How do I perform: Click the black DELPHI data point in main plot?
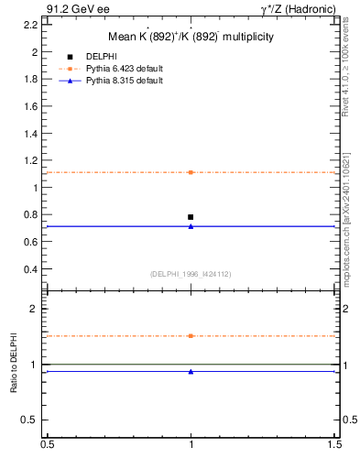[x=191, y=217]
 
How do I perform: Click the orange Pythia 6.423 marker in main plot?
[x=191, y=172]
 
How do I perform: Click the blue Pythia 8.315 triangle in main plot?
[x=191, y=225]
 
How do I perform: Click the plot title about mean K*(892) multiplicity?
[x=191, y=37]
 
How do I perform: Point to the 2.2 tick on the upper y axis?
[x=32, y=25]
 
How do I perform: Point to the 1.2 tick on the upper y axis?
[x=32, y=160]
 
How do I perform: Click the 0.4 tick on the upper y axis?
[x=32, y=269]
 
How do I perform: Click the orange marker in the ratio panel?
[x=191, y=336]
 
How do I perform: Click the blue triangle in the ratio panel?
[x=191, y=371]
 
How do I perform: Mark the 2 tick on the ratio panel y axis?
[x=37, y=309]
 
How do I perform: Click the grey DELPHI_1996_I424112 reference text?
[x=191, y=273]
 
